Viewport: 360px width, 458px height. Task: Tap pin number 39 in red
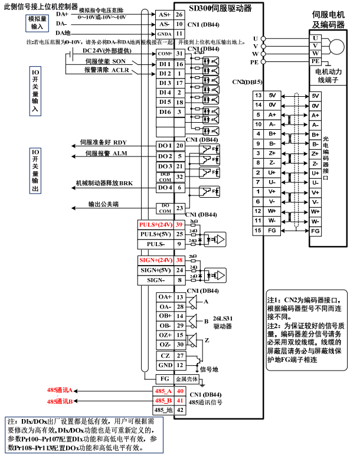179,225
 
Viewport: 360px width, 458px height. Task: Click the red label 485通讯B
60,401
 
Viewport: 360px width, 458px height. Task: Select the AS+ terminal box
164,14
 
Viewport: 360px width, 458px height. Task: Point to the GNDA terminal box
164,34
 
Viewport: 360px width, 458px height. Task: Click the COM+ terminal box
164,53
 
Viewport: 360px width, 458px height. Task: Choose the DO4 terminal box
164,187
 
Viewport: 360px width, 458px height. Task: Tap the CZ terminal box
165,355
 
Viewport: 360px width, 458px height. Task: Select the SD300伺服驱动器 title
220,8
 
